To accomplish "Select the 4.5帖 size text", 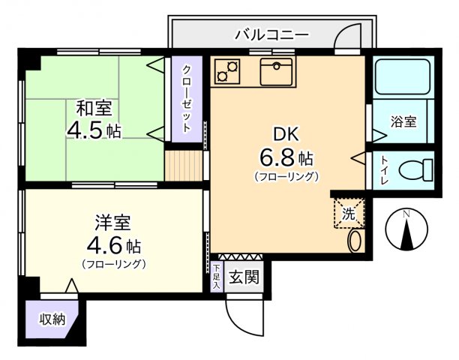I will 93,130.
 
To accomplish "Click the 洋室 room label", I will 112,223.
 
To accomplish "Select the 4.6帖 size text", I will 112,245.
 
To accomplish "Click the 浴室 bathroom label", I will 403,121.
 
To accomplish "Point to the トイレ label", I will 383,169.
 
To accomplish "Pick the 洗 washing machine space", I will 349,211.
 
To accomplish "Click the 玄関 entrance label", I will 243,277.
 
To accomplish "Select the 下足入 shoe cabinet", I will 216,276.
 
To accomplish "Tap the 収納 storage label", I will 52,319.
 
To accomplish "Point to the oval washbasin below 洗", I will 355,241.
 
